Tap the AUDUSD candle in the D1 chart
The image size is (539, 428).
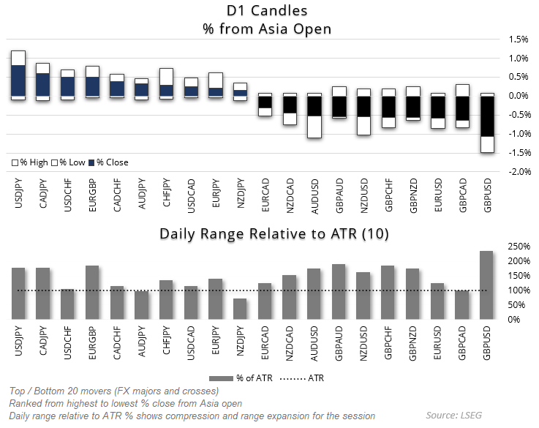[314, 113]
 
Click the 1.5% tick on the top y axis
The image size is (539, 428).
[517, 40]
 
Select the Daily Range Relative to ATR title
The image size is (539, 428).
[274, 234]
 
